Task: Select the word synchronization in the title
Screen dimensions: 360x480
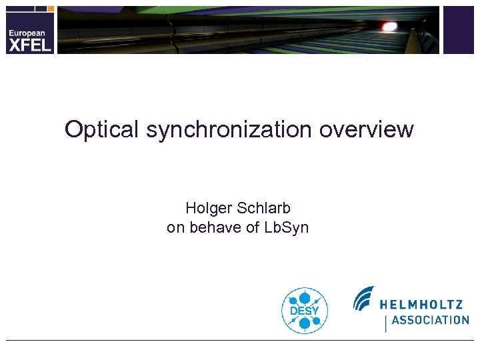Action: [229, 129]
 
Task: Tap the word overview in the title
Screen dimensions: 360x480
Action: [366, 129]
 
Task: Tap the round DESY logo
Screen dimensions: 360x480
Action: [305, 310]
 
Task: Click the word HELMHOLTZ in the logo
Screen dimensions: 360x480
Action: [421, 305]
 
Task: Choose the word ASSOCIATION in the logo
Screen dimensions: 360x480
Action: [430, 320]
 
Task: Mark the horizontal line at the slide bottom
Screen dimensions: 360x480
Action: [240, 341]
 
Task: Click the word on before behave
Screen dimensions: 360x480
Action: [175, 227]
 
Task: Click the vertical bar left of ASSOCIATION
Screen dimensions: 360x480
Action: [385, 323]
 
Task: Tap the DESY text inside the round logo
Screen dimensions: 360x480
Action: [305, 311]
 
